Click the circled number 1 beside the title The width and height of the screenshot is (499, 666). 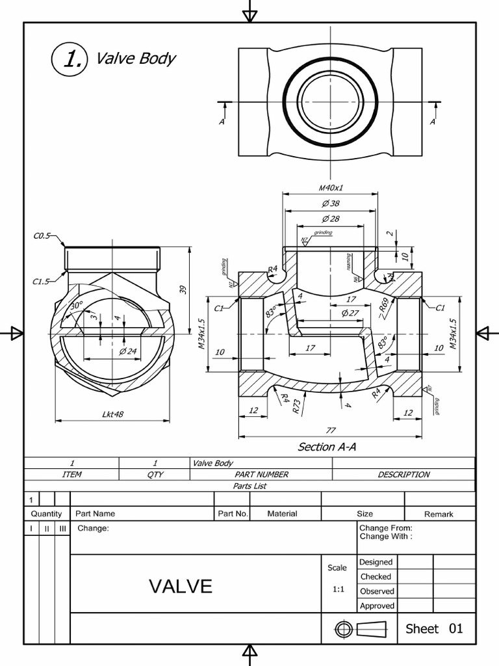pyautogui.click(x=68, y=59)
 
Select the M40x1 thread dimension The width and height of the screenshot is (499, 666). pyautogui.click(x=330, y=188)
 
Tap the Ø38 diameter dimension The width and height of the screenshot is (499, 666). pyautogui.click(x=330, y=204)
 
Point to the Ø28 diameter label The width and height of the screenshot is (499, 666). pyautogui.click(x=330, y=219)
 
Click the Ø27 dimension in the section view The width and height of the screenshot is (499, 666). pyautogui.click(x=350, y=313)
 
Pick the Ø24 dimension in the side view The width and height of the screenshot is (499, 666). pyautogui.click(x=128, y=352)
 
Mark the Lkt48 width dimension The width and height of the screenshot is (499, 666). pyautogui.click(x=112, y=414)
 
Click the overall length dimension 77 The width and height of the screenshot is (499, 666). pyautogui.click(x=330, y=431)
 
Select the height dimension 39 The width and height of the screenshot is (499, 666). pyautogui.click(x=183, y=289)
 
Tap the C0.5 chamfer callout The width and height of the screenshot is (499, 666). pyautogui.click(x=42, y=236)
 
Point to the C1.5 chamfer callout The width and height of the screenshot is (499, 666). pyautogui.click(x=42, y=282)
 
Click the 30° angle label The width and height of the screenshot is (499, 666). pyautogui.click(x=77, y=305)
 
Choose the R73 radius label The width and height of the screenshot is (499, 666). pyautogui.click(x=296, y=407)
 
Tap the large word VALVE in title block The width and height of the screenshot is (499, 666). pyautogui.click(x=181, y=587)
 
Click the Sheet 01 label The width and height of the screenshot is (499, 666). pyautogui.click(x=434, y=628)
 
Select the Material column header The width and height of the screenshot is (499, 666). pyautogui.click(x=282, y=514)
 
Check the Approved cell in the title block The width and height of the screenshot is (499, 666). pyautogui.click(x=377, y=606)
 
